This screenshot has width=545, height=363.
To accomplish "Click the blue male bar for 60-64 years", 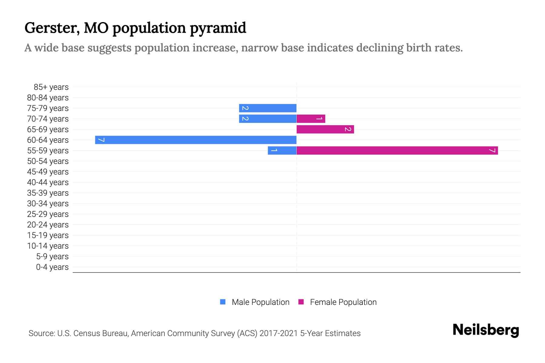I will point(196,140).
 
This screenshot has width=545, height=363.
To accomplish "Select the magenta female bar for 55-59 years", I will point(397,150).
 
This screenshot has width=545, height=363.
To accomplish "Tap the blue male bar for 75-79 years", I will point(268,108).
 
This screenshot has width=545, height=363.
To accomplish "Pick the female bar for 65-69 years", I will point(325,129).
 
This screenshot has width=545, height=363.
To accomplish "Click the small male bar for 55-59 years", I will point(282,150).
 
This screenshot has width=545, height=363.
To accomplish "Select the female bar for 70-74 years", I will point(311,119).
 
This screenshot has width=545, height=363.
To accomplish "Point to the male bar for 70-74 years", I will point(268,119).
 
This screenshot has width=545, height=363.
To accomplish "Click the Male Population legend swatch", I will point(223,302).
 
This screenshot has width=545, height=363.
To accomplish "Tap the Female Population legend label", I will point(343,302).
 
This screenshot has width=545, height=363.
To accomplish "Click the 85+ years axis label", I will point(51,87).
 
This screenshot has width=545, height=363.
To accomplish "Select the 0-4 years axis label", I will point(52,267).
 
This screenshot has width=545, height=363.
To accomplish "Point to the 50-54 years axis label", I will point(48,161).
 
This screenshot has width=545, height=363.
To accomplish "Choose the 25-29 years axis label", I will point(48,214).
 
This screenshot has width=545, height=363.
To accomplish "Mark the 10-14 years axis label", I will point(48,246).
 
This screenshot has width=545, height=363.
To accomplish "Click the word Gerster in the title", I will point(52,28).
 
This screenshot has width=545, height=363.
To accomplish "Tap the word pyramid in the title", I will point(218,28).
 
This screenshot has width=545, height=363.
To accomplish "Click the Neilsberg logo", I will point(486,330).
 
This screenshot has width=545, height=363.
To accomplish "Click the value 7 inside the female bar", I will point(492,150).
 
